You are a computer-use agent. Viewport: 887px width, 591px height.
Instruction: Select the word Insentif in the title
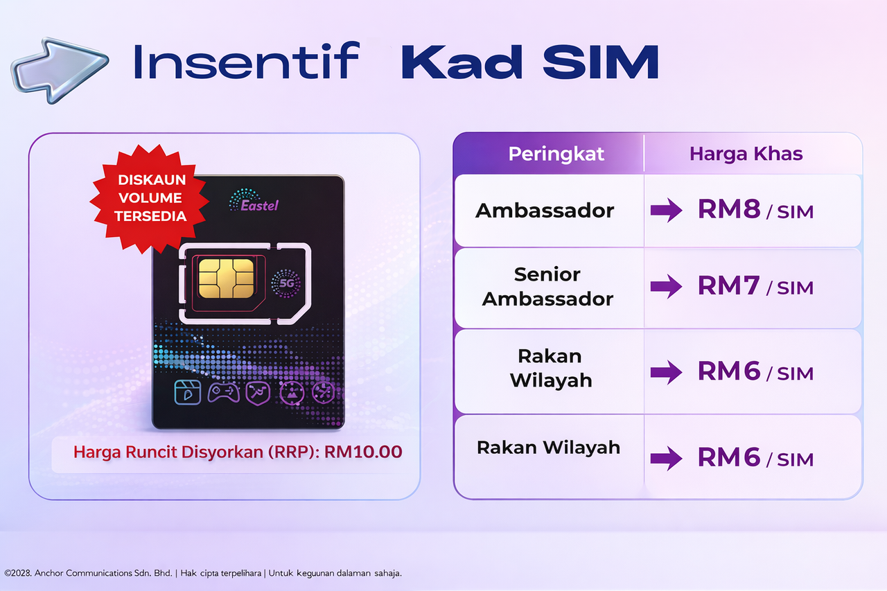[x=245, y=61]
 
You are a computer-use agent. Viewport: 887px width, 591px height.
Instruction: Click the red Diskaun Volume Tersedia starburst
[x=150, y=197]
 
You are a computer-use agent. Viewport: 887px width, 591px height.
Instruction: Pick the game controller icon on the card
[x=224, y=392]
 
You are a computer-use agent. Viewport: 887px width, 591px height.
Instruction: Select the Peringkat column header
[x=556, y=154]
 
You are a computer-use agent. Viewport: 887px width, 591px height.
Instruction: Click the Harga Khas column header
[x=746, y=154]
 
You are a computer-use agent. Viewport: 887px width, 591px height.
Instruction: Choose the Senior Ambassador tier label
[x=547, y=286]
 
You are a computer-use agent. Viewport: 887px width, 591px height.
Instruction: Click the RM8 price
[x=729, y=210]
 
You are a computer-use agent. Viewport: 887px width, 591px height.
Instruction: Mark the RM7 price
[x=728, y=285]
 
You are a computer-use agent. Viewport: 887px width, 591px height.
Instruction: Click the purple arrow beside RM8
[x=666, y=211]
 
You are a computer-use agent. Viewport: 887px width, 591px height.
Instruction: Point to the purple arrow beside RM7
[x=666, y=286]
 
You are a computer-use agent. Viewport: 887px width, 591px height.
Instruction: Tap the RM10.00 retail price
[x=363, y=452]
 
